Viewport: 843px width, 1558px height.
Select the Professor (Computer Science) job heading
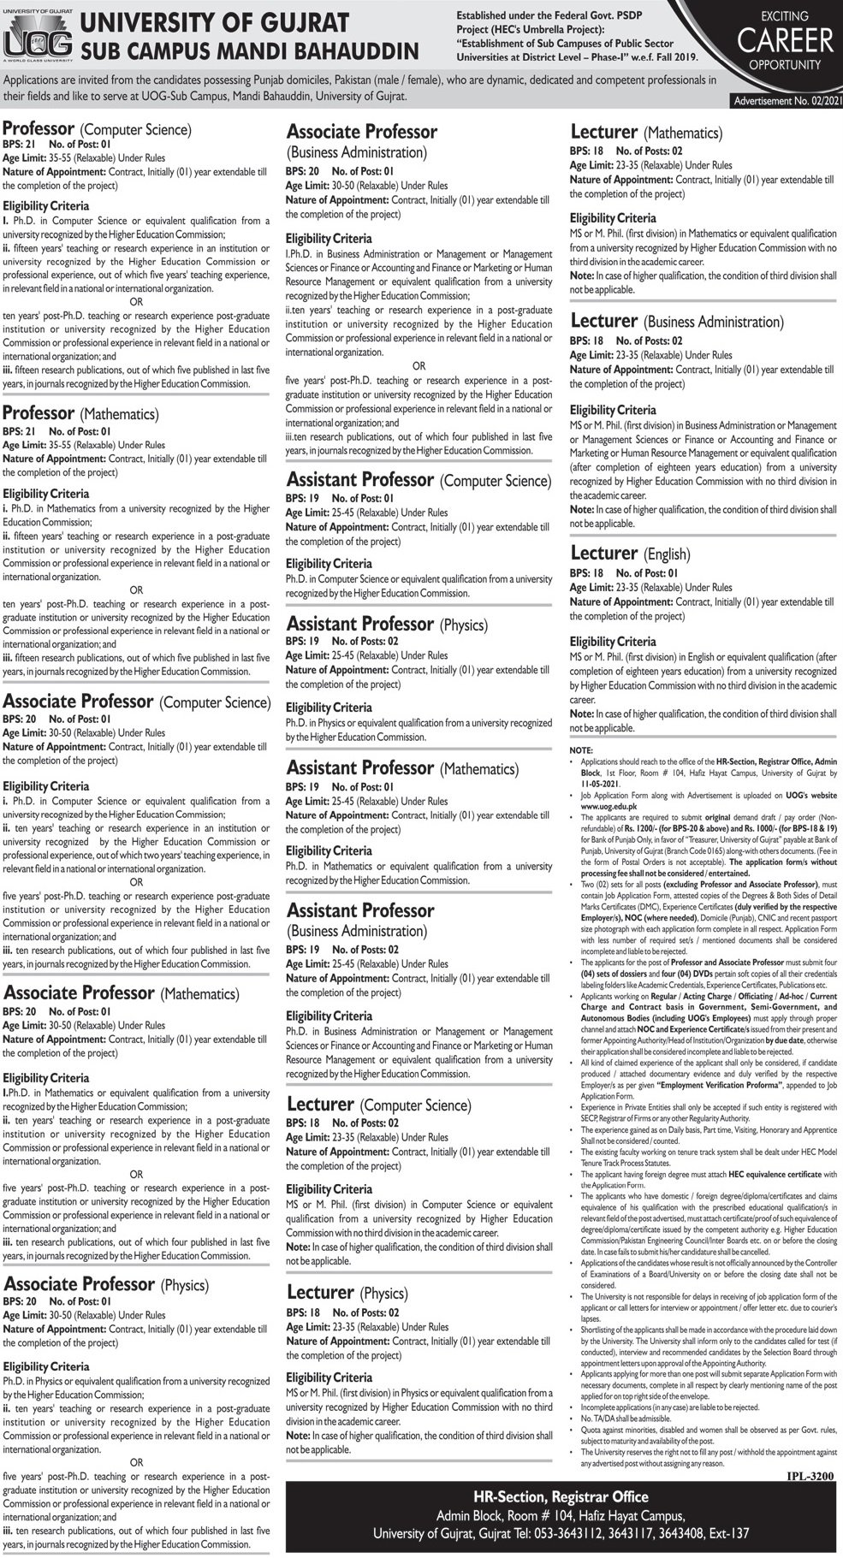[x=97, y=129]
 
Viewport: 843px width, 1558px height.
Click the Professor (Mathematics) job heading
[x=80, y=414]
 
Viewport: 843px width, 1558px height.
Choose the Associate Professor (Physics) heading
[x=106, y=1284]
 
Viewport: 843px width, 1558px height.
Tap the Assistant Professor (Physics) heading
[x=387, y=624]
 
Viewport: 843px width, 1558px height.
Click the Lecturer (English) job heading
[x=630, y=554]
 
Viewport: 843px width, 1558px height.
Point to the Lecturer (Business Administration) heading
[x=676, y=322]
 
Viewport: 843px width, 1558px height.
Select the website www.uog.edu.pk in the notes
[x=603, y=805]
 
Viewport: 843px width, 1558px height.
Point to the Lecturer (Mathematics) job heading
[x=646, y=133]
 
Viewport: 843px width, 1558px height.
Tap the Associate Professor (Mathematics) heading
[x=121, y=993]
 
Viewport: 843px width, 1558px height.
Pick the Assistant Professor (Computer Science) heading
[x=418, y=481]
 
